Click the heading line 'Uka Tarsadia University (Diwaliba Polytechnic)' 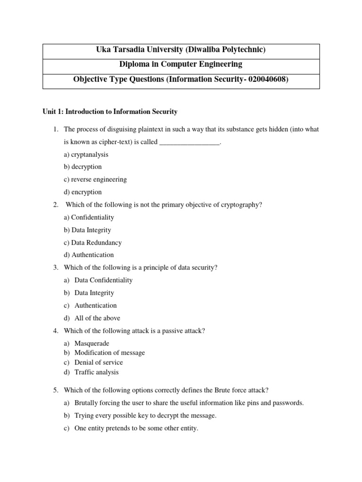[181, 50]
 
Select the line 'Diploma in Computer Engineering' [181, 64]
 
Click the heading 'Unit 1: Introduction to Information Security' [110, 112]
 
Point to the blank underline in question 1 [190, 143]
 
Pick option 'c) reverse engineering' [95, 179]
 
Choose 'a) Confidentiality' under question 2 [89, 217]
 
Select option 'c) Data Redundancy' [93, 243]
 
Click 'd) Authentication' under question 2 [89, 255]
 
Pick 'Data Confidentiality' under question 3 [103, 280]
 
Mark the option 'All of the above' [97, 318]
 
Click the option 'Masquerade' [91, 344]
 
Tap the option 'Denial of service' [99, 362]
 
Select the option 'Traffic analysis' [97, 372]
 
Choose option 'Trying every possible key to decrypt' [145, 416]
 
